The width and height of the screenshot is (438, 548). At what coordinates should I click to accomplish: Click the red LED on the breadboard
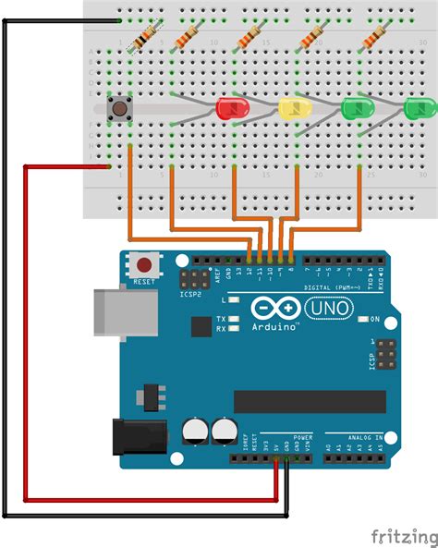227,108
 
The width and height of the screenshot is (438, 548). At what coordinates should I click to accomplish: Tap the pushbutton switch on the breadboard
119,109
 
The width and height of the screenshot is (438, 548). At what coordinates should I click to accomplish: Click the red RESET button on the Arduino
144,264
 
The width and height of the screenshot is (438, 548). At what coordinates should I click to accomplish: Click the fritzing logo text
403,535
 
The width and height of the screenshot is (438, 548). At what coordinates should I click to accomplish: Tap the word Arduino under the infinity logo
273,325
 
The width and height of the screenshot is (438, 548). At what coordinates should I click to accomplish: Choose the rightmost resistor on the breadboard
375,38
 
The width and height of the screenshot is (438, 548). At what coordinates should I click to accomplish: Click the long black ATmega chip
309,401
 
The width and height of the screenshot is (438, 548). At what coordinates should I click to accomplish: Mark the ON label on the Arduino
375,319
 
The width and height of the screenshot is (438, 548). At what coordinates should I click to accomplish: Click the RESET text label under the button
144,281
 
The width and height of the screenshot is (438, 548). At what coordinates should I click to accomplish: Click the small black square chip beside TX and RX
201,325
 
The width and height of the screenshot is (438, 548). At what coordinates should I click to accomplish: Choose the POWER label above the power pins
303,437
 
